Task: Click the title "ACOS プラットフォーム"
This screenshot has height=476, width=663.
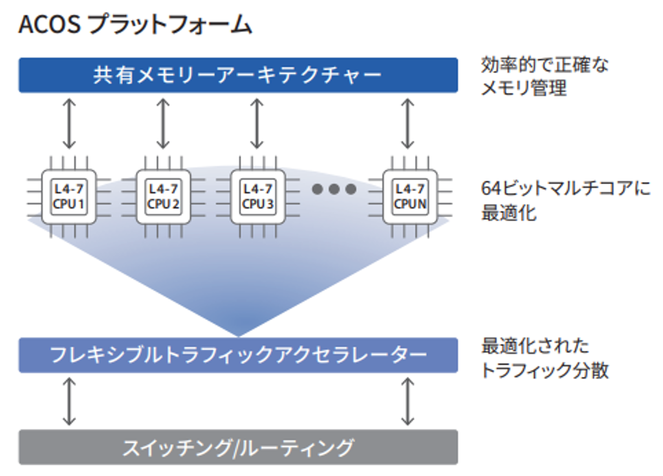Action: click(x=135, y=25)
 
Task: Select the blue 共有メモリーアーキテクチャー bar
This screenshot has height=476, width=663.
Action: click(x=238, y=75)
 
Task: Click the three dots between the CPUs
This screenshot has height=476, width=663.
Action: click(x=334, y=189)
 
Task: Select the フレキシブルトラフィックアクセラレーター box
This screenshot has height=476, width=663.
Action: click(x=238, y=355)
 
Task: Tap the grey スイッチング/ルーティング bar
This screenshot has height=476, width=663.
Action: click(x=238, y=448)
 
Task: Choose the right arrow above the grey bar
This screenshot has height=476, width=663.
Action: click(x=408, y=401)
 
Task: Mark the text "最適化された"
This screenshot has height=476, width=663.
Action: click(x=534, y=345)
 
